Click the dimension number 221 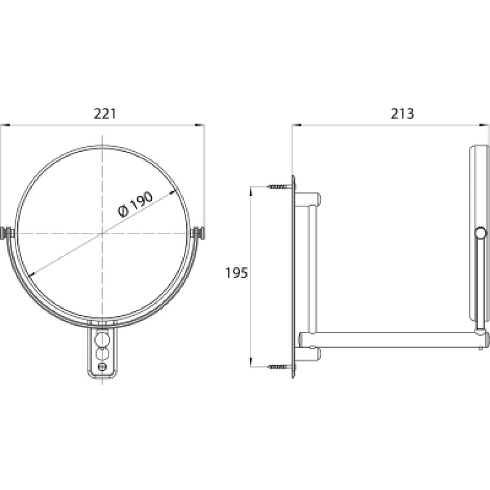point(105,114)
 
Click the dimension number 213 point(402,114)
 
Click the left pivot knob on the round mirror point(6,233)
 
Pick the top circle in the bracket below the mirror point(102,340)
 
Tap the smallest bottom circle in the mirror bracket point(102,367)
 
